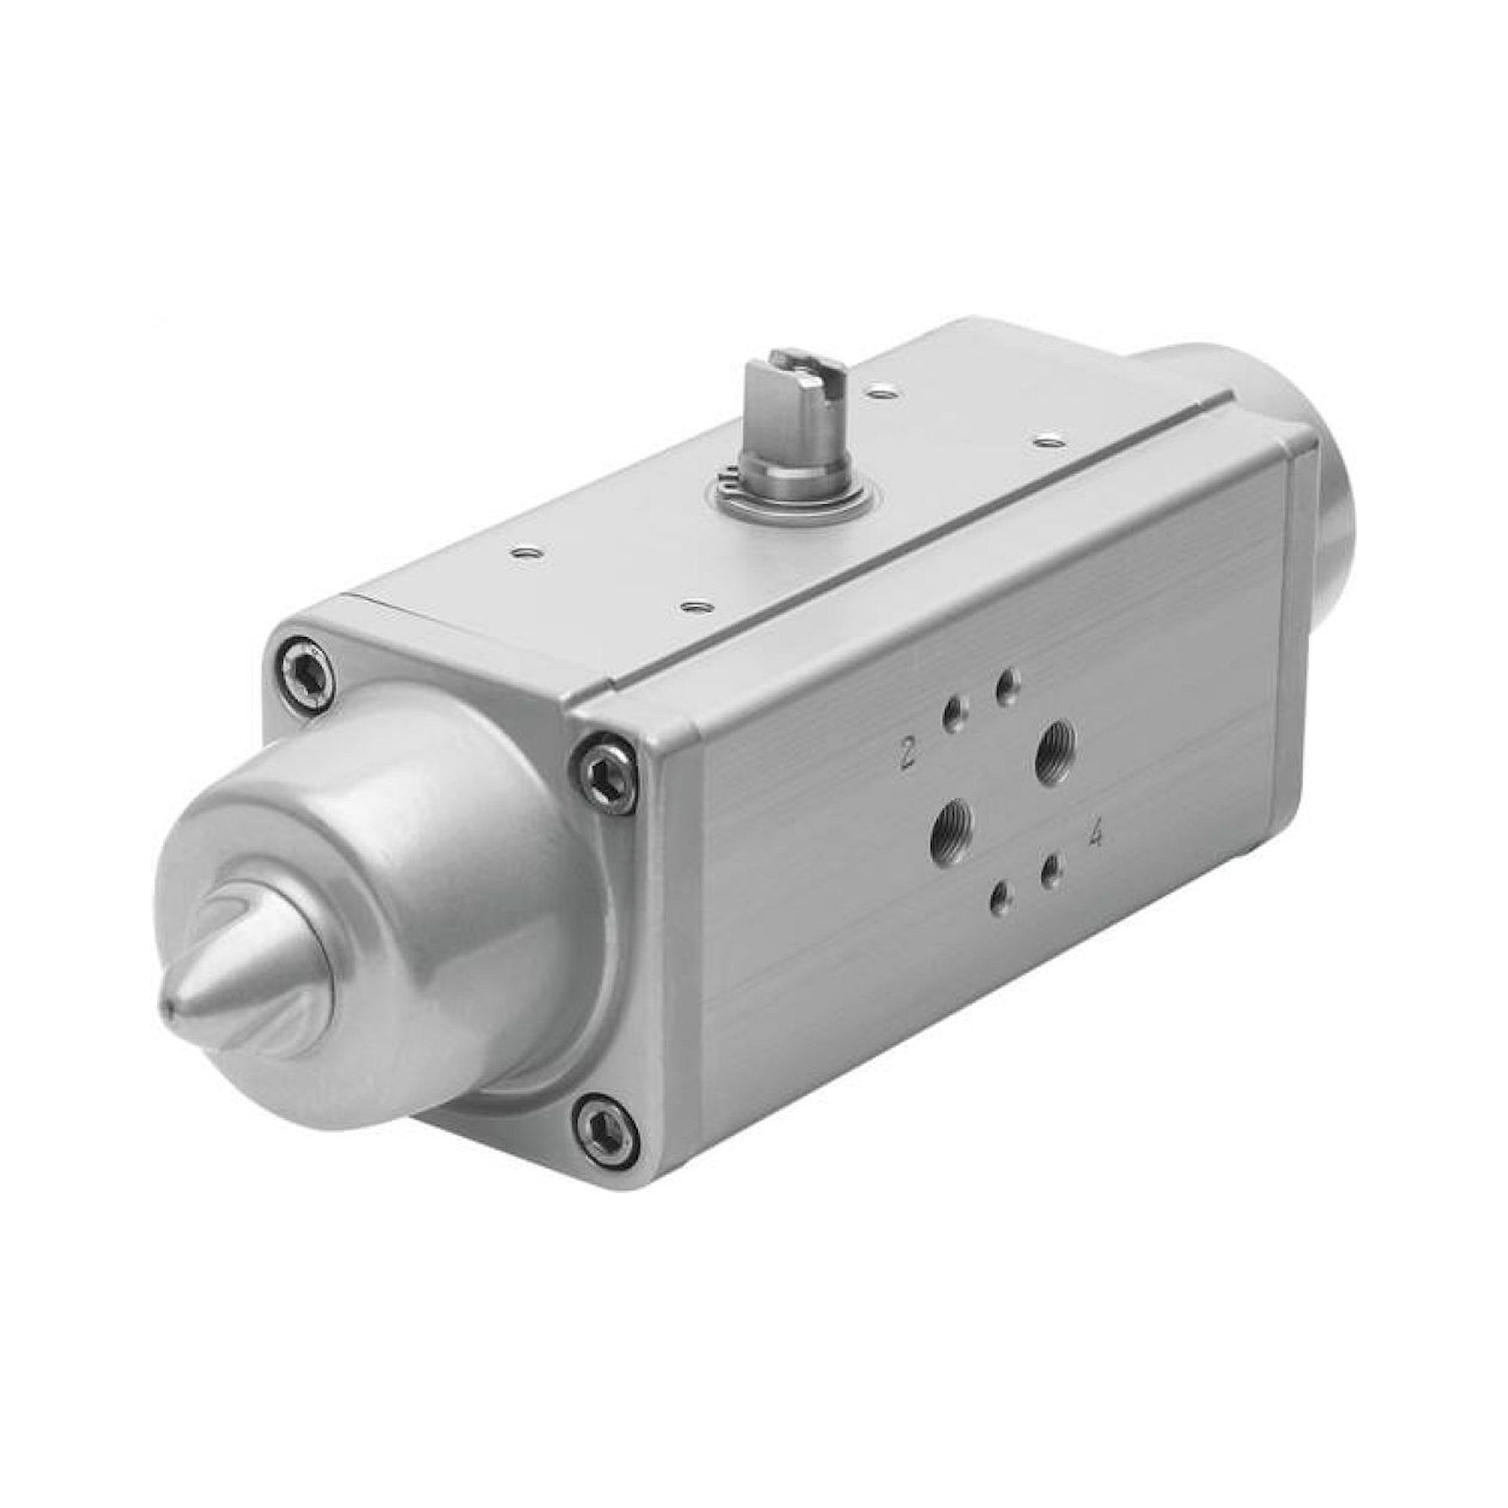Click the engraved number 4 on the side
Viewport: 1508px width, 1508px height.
click(1096, 836)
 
